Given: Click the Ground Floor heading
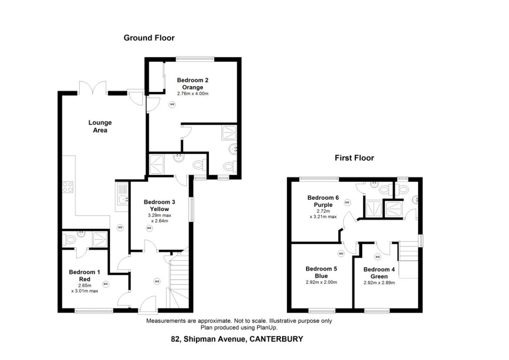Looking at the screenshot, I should click(149, 38).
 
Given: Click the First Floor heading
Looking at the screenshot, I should click(354, 158).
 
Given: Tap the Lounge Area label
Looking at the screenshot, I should click(100, 127).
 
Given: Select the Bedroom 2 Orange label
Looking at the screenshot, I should click(193, 84).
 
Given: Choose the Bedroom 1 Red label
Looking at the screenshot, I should click(84, 275).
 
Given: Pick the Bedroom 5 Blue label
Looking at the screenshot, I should click(321, 272).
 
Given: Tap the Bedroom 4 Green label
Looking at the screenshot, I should click(379, 273).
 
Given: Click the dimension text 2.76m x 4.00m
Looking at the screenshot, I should click(192, 94).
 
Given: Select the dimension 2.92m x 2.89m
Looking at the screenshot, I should click(379, 283).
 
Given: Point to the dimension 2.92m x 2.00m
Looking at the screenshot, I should click(321, 282).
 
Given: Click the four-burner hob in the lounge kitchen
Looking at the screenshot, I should click(67, 187).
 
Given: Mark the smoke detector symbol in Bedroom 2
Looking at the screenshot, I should click(172, 105).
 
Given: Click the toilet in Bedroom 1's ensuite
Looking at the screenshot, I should click(70, 240).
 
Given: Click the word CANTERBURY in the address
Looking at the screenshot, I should click(276, 339).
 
